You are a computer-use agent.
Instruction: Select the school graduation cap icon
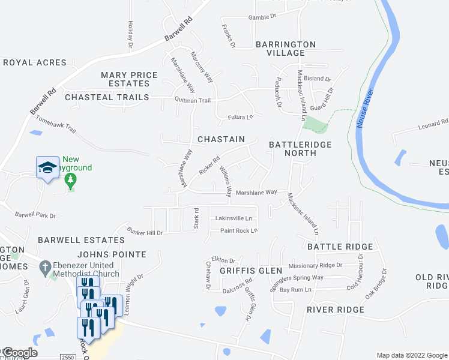pyautogui.click(x=47, y=169)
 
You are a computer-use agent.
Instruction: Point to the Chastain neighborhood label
pyautogui.click(x=221, y=139)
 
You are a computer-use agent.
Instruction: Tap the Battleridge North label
pyautogui.click(x=292, y=149)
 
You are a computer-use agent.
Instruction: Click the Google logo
pyautogui.click(x=19, y=353)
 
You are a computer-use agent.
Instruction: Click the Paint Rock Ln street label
pyautogui.click(x=238, y=230)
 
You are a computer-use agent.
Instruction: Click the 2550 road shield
pyautogui.click(x=68, y=356)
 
